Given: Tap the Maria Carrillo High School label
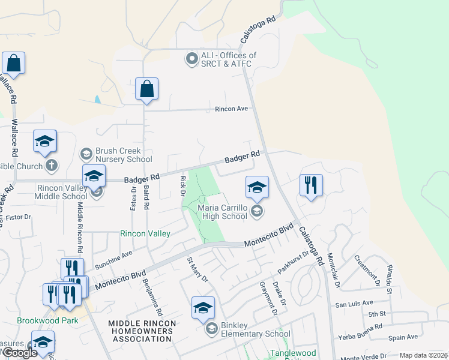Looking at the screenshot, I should [x=222, y=212].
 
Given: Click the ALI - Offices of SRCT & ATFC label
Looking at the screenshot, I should [x=229, y=59].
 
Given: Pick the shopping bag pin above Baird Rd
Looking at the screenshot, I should [x=146, y=89].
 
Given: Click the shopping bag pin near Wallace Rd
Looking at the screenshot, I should [x=13, y=62].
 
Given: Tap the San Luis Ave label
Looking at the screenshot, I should [x=354, y=304].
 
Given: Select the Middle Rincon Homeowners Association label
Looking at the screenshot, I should [x=142, y=332].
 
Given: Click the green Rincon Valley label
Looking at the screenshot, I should [x=145, y=233].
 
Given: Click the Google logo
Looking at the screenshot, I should [x=19, y=353].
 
